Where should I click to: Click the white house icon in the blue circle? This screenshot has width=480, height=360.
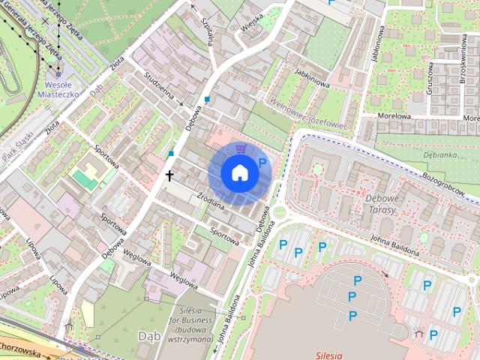pyautogui.click(x=239, y=172)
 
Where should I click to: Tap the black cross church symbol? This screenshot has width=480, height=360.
pyautogui.click(x=169, y=175)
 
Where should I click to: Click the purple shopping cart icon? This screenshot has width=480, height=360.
pyautogui.click(x=239, y=149)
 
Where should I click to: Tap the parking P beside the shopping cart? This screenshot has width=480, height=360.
pyautogui.click(x=262, y=162)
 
